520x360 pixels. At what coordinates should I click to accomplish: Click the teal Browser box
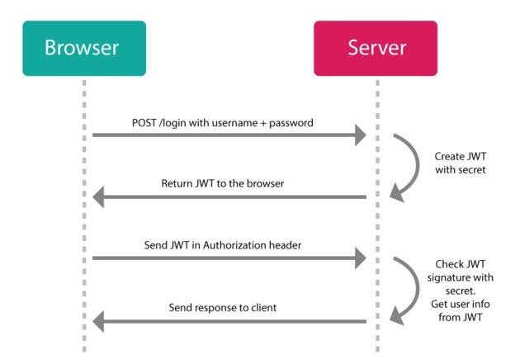point(84,49)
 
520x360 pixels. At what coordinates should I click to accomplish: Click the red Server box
point(376,49)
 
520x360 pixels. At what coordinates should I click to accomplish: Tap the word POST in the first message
point(144,123)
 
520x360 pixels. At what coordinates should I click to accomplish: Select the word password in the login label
point(291,123)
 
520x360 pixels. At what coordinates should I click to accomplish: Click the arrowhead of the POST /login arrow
point(361,135)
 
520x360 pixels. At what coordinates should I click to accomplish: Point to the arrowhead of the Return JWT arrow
point(98,197)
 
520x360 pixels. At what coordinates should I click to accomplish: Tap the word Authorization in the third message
point(234,245)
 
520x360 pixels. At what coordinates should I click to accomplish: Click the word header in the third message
point(285,245)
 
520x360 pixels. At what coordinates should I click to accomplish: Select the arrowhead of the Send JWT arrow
point(361,258)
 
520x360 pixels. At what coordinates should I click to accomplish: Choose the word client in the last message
point(263,308)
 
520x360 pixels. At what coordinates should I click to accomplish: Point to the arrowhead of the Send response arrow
point(98,321)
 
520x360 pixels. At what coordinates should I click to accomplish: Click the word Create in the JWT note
point(446,156)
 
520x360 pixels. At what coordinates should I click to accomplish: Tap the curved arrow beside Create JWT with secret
point(417,165)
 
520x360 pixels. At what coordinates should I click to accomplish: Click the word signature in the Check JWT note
point(446,277)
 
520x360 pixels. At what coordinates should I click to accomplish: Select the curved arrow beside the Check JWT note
point(417,289)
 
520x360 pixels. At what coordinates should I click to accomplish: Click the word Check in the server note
point(446,264)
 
